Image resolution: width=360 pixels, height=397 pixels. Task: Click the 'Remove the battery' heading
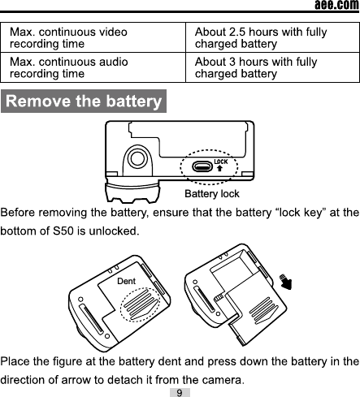click(x=83, y=102)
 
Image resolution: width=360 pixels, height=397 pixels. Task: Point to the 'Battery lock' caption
click(x=212, y=194)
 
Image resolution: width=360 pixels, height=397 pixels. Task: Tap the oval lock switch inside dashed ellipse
click(x=202, y=168)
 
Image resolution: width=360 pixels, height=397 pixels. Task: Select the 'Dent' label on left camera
click(x=126, y=280)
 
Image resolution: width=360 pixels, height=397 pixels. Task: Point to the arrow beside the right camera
click(x=285, y=283)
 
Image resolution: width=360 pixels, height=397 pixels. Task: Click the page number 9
click(x=179, y=392)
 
